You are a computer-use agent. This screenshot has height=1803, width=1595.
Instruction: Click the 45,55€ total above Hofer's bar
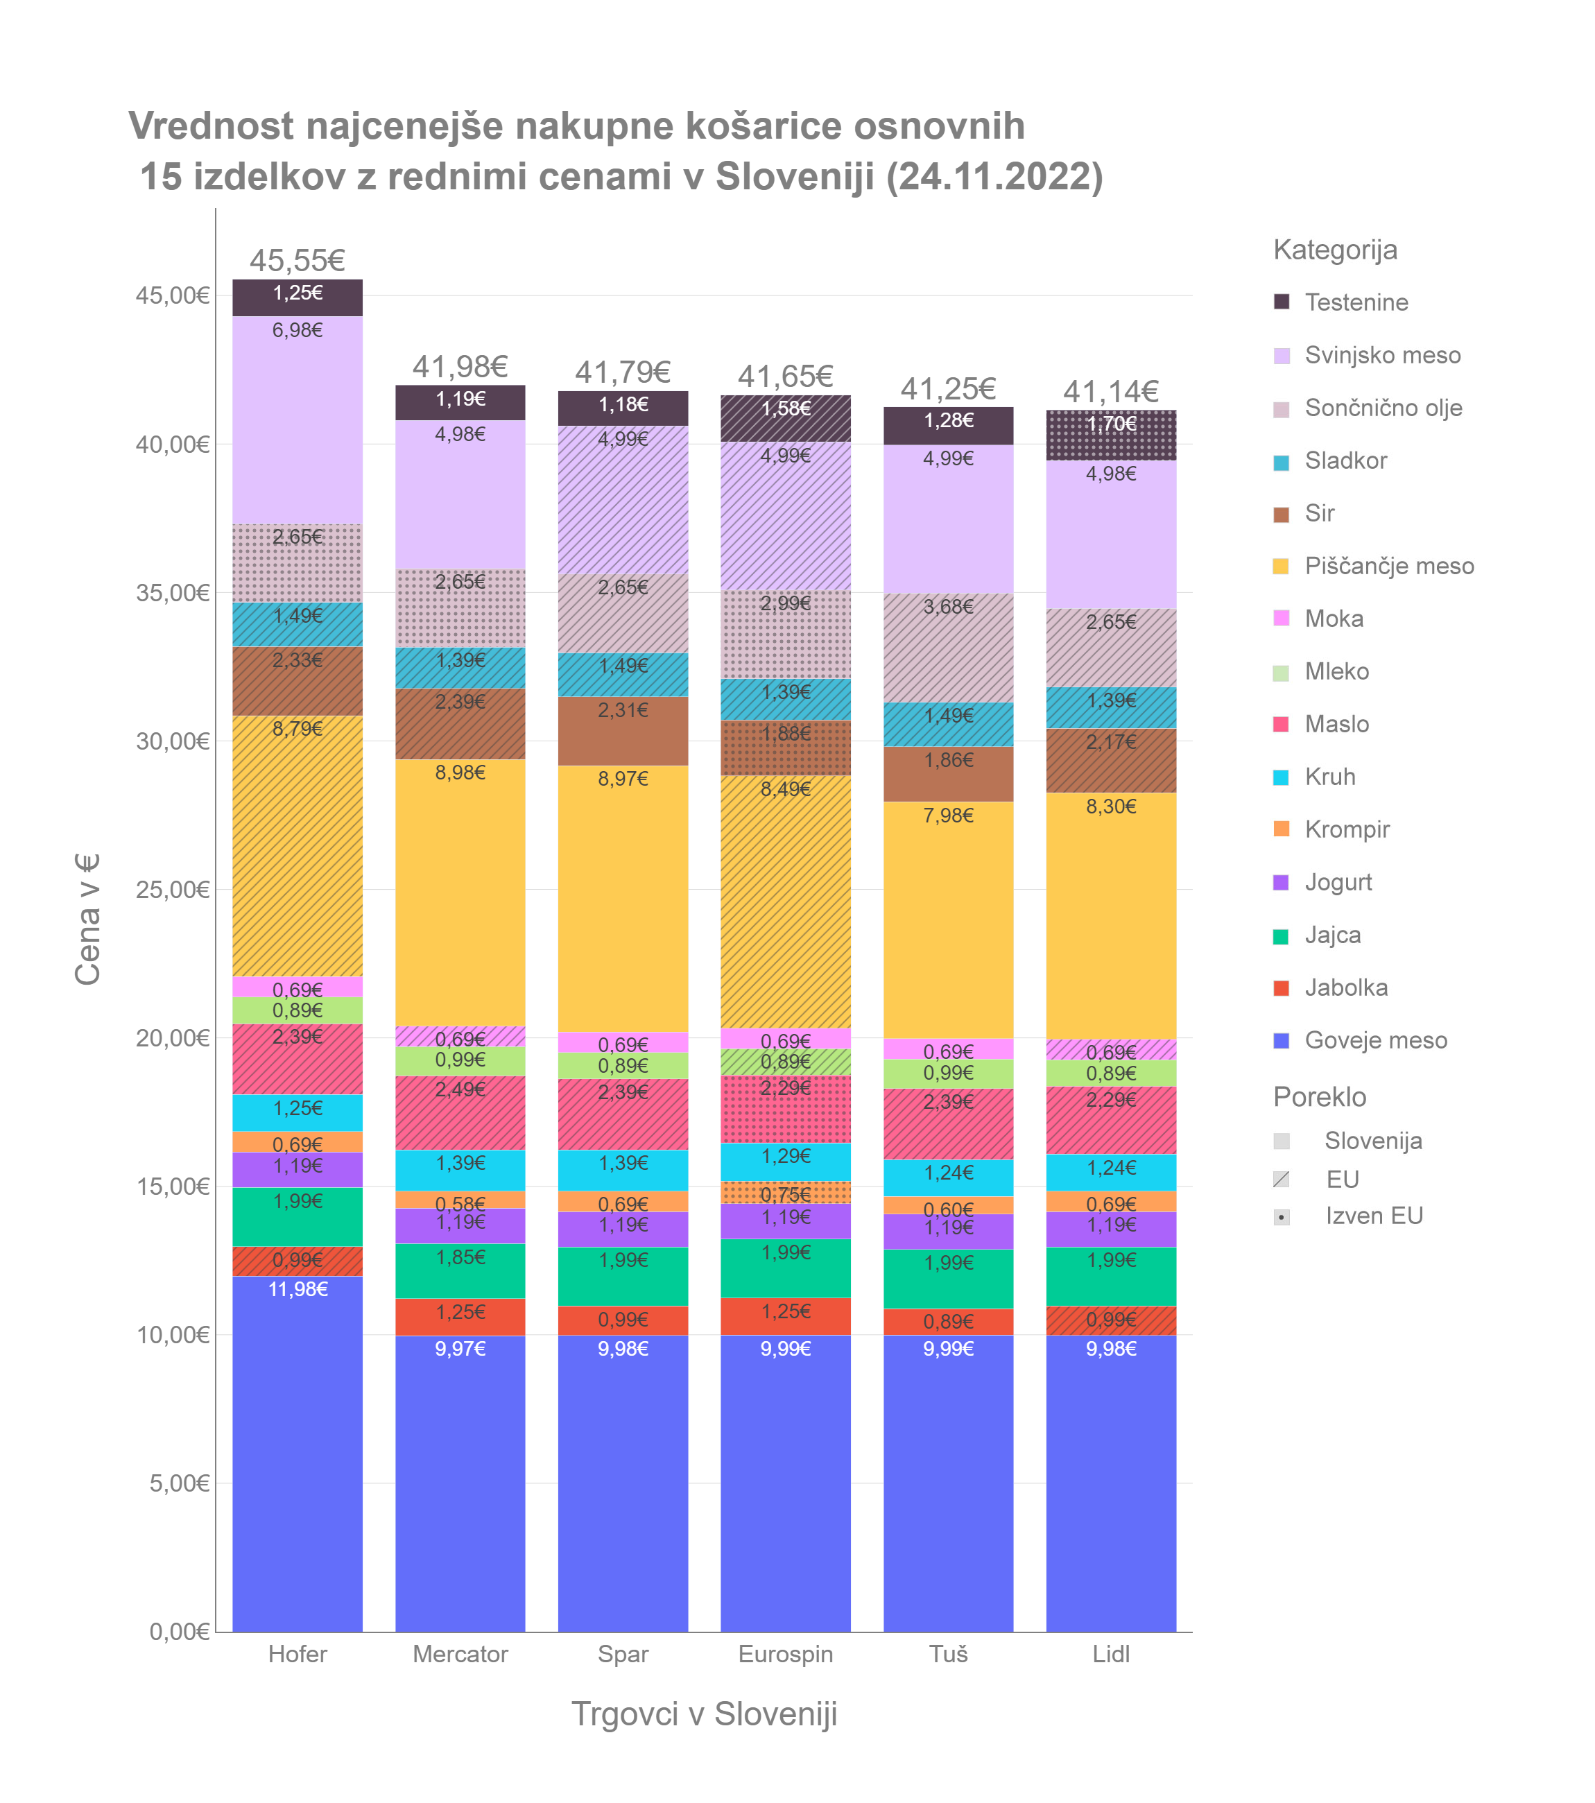(298, 261)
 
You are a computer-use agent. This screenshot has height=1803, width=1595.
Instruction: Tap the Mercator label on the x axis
(460, 1654)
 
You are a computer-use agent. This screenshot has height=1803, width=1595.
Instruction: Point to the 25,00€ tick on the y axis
(173, 889)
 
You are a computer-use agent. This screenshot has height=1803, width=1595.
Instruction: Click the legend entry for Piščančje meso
(1388, 567)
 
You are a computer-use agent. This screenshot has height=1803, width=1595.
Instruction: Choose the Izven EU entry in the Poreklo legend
(1374, 1216)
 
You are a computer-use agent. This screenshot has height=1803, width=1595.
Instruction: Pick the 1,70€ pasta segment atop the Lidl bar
(1111, 435)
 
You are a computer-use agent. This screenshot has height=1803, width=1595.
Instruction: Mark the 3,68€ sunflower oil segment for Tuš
(949, 648)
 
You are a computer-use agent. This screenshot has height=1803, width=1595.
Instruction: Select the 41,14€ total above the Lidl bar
(1111, 392)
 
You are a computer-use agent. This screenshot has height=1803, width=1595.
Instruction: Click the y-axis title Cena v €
(87, 919)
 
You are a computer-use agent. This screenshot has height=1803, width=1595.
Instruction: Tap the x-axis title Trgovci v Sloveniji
(704, 1714)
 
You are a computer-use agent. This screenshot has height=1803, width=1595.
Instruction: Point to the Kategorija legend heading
(1335, 250)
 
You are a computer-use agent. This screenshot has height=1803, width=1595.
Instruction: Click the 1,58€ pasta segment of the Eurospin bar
(785, 418)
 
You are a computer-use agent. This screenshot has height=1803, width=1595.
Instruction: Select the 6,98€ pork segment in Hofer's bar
(298, 420)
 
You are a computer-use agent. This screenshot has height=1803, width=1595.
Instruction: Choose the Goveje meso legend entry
(1375, 1041)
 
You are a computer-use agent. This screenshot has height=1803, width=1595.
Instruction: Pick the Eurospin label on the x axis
(785, 1654)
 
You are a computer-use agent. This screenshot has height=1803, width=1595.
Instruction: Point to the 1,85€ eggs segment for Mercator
(460, 1270)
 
